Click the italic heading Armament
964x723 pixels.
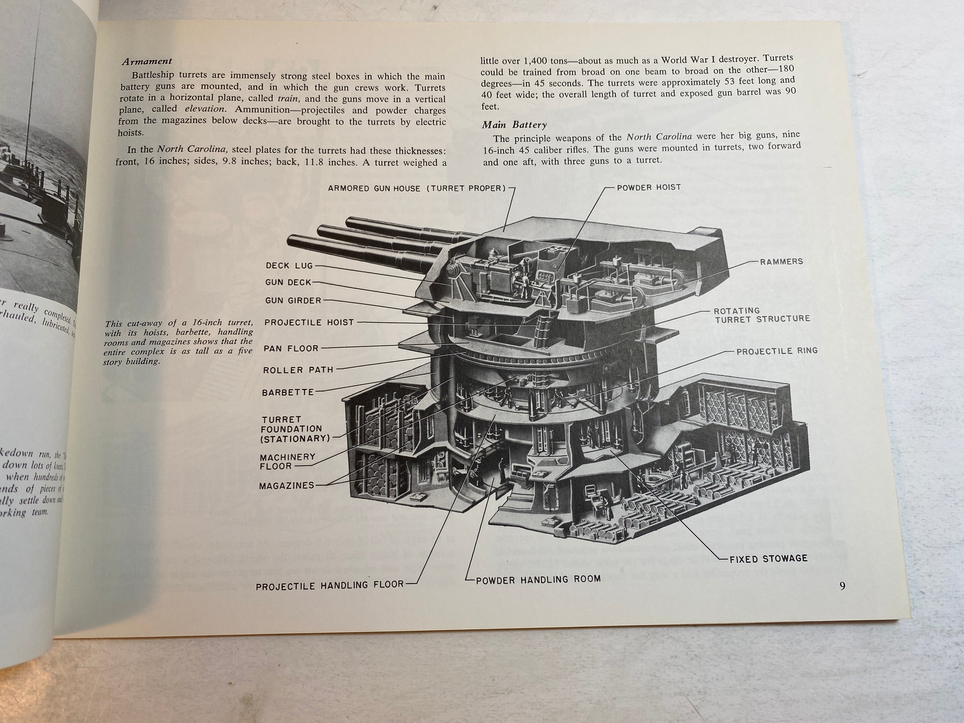point(147,61)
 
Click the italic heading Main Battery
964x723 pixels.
point(514,125)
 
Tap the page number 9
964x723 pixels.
point(842,586)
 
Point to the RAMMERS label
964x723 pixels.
point(781,262)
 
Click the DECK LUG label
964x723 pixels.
point(289,265)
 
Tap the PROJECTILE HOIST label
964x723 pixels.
point(309,323)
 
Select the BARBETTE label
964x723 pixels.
point(288,392)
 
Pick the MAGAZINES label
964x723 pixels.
point(286,486)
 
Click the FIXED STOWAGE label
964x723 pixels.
point(768,559)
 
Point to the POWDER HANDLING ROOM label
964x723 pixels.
point(538,580)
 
